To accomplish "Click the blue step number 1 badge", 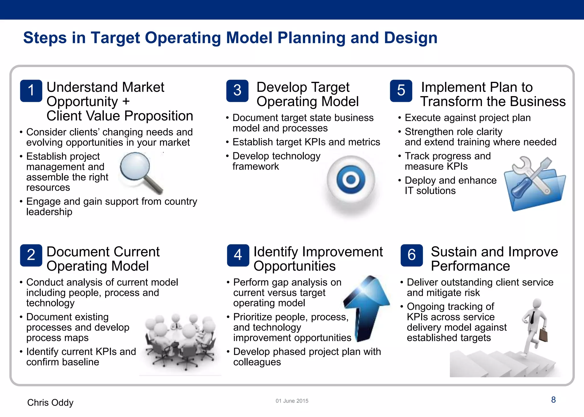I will coord(31,91).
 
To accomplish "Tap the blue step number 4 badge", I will coord(238,255).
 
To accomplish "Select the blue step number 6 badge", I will coord(411,255).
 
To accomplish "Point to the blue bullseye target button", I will coord(351,180).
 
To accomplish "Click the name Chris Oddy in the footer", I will coord(50,402).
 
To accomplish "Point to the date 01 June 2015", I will coord(292,401).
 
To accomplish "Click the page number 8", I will coord(553,400).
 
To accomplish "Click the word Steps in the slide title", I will coord(45,38).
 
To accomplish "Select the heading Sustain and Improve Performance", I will coord(494,259).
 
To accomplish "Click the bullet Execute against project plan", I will coord(468,118).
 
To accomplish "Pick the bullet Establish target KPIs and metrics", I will coord(306,142).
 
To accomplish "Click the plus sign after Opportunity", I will coord(126,102).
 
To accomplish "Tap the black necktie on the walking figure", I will coord(532,317).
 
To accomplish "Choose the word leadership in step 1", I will coord(49,212).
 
